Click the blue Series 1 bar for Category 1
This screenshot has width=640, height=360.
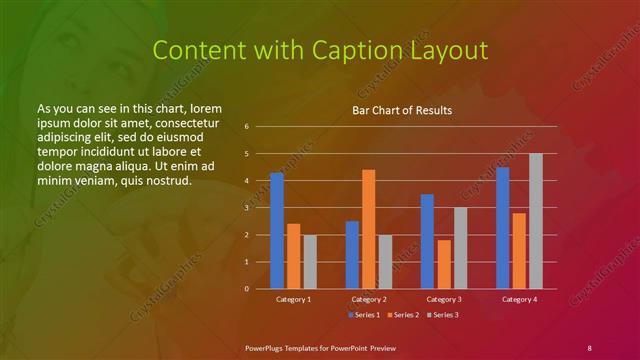[276, 231]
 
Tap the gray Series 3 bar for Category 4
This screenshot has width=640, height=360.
[536, 221]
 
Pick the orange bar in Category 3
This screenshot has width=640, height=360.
[444, 264]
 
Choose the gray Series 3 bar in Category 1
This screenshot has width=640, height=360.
[310, 262]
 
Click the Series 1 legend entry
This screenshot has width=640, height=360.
[364, 315]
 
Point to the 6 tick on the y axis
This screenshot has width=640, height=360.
[246, 127]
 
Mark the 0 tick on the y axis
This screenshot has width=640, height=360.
[246, 289]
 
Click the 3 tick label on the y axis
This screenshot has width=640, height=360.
[246, 208]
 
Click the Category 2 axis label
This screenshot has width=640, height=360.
[369, 299]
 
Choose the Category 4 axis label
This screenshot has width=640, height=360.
[519, 299]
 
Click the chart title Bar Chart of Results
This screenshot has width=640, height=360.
[401, 109]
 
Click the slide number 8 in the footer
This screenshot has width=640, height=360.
[589, 346]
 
